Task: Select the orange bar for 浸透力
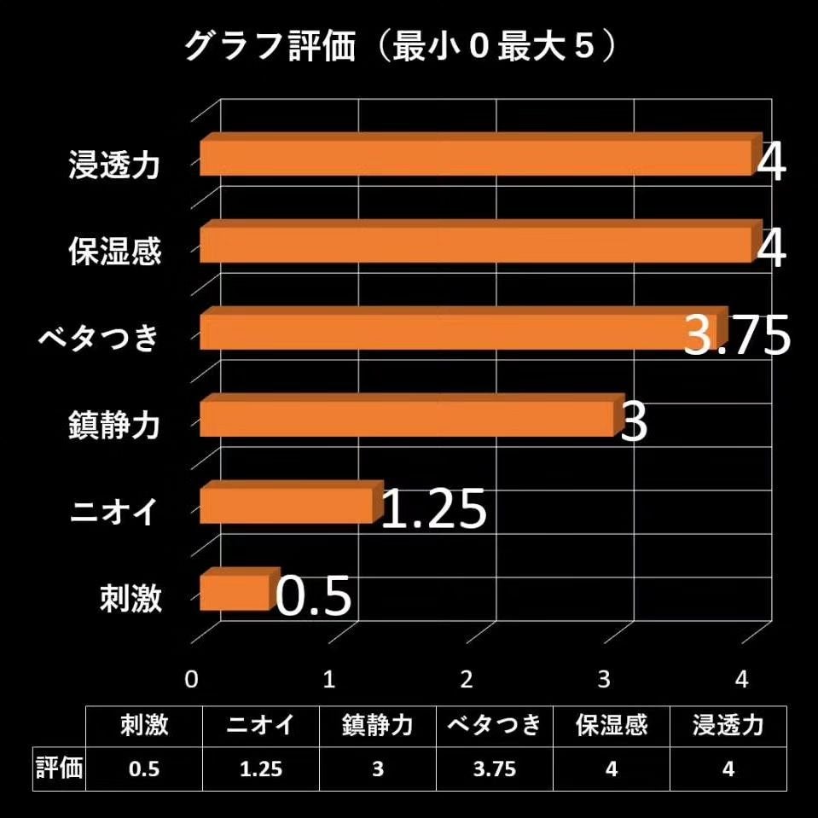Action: coord(476,159)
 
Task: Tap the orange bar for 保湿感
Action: coord(476,246)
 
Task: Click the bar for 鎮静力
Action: coord(407,419)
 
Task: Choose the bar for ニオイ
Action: coord(287,506)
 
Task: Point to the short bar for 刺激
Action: coord(235,593)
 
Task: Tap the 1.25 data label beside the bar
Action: coord(433,510)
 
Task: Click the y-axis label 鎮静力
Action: coord(114,425)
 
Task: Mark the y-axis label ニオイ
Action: coord(114,513)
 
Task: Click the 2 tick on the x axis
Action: coord(466,679)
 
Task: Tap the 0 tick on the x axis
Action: coord(192,679)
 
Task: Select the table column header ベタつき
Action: coord(494,726)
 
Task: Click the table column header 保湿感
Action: coord(612,726)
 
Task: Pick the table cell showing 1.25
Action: coord(260,769)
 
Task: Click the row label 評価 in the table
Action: coord(59,769)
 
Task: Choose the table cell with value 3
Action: coord(377,769)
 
